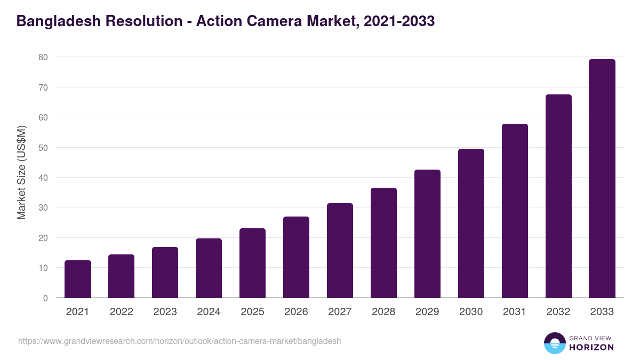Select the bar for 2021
tap(78, 279)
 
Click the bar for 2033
tap(602, 179)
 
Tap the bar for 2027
tap(340, 251)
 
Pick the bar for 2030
tap(471, 223)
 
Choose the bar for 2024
tap(209, 268)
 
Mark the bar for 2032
tap(558, 196)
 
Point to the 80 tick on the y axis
tap(43, 57)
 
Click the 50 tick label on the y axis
tap(43, 147)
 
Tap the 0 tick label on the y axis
tap(45, 298)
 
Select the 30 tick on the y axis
tap(43, 207)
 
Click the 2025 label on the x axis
tap(252, 312)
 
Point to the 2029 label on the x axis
tap(427, 312)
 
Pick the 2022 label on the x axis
tap(121, 312)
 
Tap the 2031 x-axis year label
tap(515, 312)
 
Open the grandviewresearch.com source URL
tap(179, 341)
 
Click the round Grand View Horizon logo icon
tap(554, 343)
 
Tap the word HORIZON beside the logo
tap(591, 347)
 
